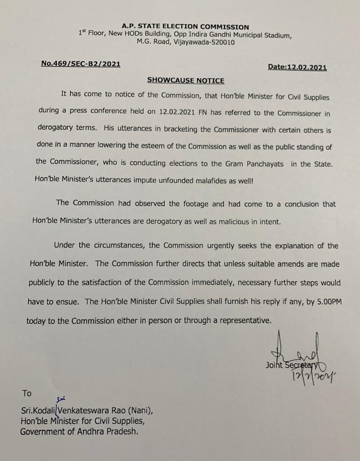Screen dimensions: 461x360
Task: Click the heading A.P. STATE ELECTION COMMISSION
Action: tap(185, 27)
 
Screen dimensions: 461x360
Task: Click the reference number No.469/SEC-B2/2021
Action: tap(81, 64)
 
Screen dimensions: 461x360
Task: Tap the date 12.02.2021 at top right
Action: tap(310, 67)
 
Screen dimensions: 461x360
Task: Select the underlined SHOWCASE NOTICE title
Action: tap(185, 80)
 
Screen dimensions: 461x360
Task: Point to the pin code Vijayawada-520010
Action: tap(202, 42)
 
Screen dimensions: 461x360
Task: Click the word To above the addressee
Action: tap(27, 393)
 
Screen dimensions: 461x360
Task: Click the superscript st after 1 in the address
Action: tap(83, 32)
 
